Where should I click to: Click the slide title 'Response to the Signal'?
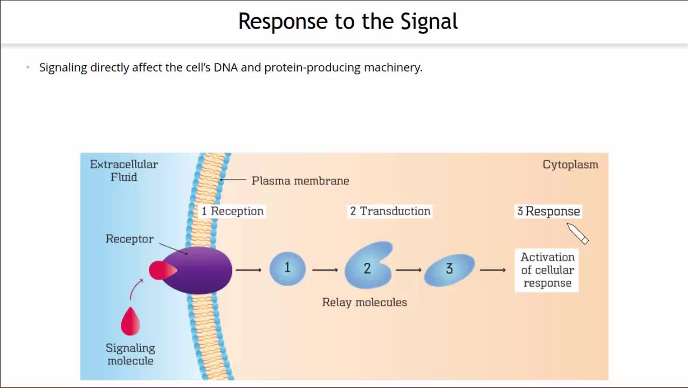348,22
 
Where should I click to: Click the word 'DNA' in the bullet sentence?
226,67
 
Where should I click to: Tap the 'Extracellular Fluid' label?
124,171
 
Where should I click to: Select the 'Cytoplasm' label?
570,165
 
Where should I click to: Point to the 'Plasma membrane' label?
300,181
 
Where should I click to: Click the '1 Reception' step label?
232,211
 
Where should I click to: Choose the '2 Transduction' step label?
390,211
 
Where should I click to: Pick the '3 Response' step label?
548,211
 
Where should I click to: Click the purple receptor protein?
198,270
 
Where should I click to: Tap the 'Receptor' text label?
129,239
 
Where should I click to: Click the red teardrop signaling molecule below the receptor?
130,321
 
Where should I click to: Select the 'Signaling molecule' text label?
130,354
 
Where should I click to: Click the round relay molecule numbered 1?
287,268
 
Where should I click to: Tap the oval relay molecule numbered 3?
449,270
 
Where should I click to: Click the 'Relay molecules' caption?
364,302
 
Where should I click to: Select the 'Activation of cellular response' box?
547,270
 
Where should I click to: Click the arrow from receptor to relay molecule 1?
249,270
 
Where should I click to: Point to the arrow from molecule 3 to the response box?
493,270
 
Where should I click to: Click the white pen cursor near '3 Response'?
577,233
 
